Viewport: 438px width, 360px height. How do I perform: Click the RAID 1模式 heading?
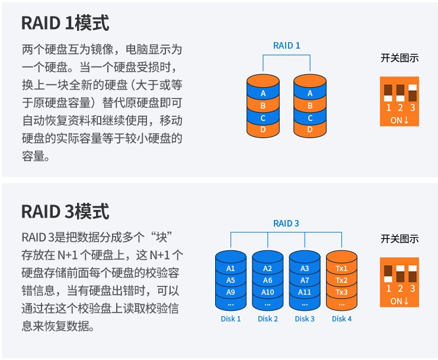pyautogui.click(x=65, y=23)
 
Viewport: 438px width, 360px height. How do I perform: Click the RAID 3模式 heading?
pyautogui.click(x=65, y=211)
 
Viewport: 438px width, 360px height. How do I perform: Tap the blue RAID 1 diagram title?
pyautogui.click(x=287, y=46)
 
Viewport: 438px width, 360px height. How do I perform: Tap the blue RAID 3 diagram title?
pyautogui.click(x=286, y=224)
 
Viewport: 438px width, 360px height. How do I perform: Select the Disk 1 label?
pyautogui.click(x=231, y=319)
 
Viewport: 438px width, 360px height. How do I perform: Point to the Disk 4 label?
pyautogui.click(x=341, y=319)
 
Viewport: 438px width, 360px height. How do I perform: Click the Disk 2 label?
pyautogui.click(x=268, y=319)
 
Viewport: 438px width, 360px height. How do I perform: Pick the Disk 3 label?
pyautogui.click(x=305, y=319)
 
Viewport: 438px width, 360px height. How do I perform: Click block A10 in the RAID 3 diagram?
pyautogui.click(x=268, y=292)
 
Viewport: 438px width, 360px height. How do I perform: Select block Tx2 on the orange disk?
pyautogui.click(x=341, y=281)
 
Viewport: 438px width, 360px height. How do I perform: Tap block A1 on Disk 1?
pyautogui.click(x=231, y=269)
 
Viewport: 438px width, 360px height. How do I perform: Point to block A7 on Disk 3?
pyautogui.click(x=305, y=281)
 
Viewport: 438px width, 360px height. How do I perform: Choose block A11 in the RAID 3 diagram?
pyautogui.click(x=305, y=292)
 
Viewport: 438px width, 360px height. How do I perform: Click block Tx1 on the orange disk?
pyautogui.click(x=341, y=269)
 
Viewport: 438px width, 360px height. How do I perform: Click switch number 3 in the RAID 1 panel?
pyautogui.click(x=413, y=93)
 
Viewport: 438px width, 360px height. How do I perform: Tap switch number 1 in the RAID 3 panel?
pyautogui.click(x=388, y=274)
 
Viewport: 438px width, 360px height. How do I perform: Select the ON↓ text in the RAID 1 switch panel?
pyautogui.click(x=399, y=120)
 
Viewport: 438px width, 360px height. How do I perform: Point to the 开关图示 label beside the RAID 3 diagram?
pyautogui.click(x=399, y=239)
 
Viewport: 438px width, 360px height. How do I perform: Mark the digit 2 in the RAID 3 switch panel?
pyautogui.click(x=400, y=288)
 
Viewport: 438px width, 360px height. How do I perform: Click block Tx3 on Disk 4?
pyautogui.click(x=341, y=292)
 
